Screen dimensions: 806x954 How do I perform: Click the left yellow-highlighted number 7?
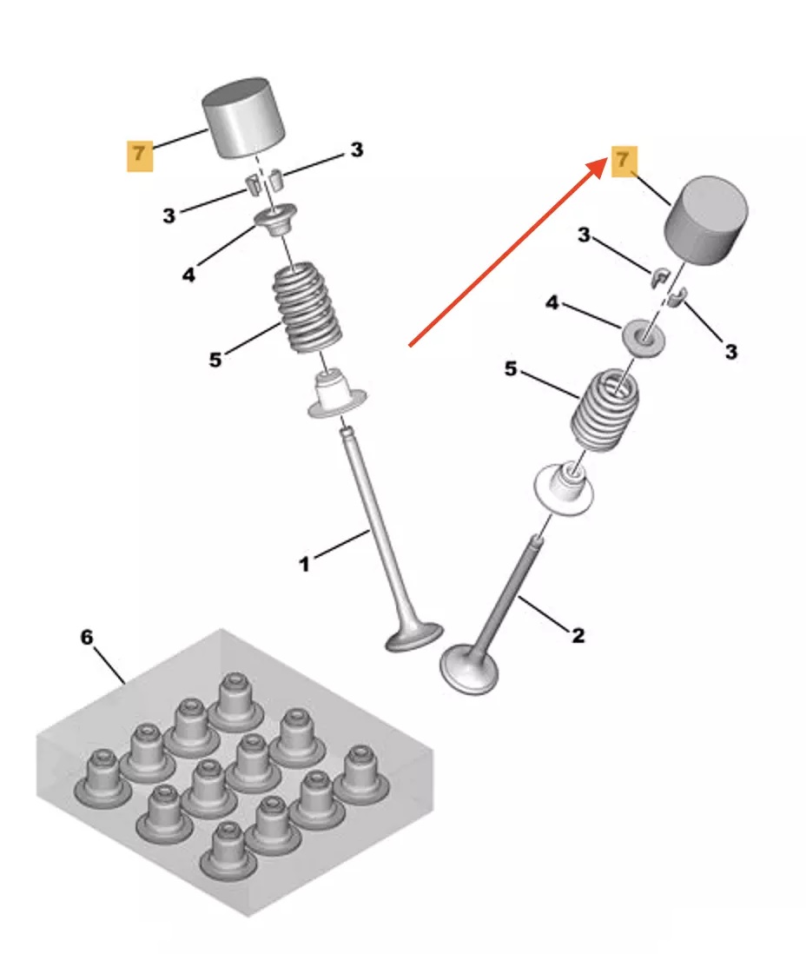coord(139,156)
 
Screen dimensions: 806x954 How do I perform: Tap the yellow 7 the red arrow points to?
coord(624,161)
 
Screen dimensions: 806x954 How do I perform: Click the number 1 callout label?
coord(304,564)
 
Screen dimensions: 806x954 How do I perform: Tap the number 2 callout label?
coord(578,635)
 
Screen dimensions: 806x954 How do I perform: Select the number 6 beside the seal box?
coord(87,637)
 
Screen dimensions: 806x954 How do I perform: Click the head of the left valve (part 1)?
coord(413,637)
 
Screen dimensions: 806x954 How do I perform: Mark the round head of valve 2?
coord(468,670)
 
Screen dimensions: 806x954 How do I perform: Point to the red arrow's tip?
coord(607,159)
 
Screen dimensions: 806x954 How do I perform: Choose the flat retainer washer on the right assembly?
coord(643,336)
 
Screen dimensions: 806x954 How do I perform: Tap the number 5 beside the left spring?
coord(215,360)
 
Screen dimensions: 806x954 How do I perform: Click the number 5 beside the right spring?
coord(511,368)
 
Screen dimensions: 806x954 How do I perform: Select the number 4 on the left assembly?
coord(189,275)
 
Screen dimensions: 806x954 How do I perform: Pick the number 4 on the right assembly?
coord(552,302)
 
